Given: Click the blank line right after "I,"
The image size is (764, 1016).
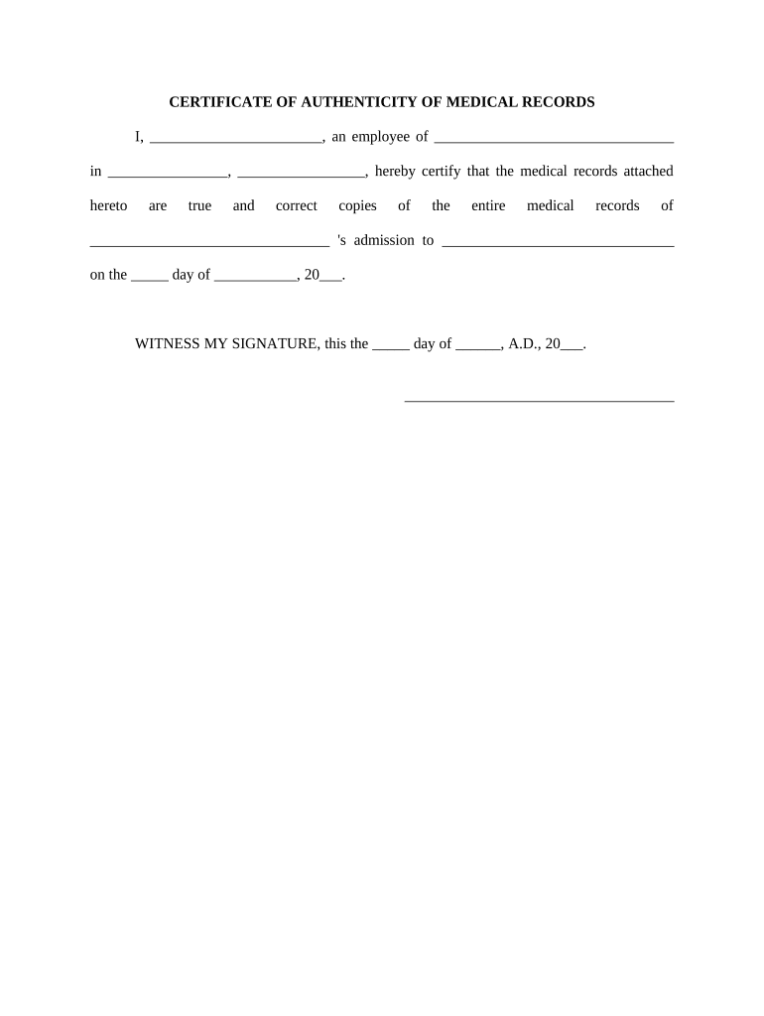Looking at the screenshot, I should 235,139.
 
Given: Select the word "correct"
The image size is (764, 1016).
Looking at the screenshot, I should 297,205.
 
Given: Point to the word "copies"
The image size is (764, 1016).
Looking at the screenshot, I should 357,206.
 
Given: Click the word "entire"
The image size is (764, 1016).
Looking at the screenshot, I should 488,205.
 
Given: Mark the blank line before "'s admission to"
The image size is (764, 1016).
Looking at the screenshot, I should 209,243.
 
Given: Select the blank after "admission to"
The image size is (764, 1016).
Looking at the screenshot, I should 558,243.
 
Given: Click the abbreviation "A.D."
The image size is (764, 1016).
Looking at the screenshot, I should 525,343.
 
